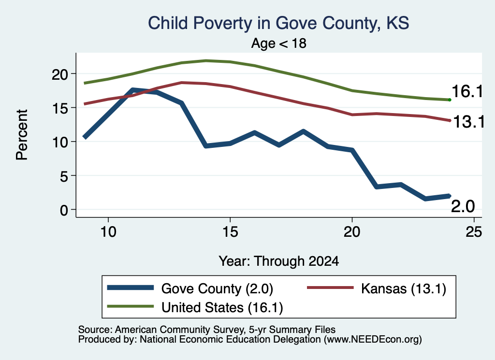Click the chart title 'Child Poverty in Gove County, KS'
278,23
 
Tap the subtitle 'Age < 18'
279,43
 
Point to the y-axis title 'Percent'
22,135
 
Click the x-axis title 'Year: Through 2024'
279,261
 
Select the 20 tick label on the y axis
60,74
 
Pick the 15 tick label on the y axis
60,108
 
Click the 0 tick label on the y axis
64,210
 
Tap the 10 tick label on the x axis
108,232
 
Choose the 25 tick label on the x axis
474,232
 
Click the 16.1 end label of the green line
467,91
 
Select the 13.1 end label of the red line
469,122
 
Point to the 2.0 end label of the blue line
463,207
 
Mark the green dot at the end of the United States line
450,100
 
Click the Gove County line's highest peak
133,90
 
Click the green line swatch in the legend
131,306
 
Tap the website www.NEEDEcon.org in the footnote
373,340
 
